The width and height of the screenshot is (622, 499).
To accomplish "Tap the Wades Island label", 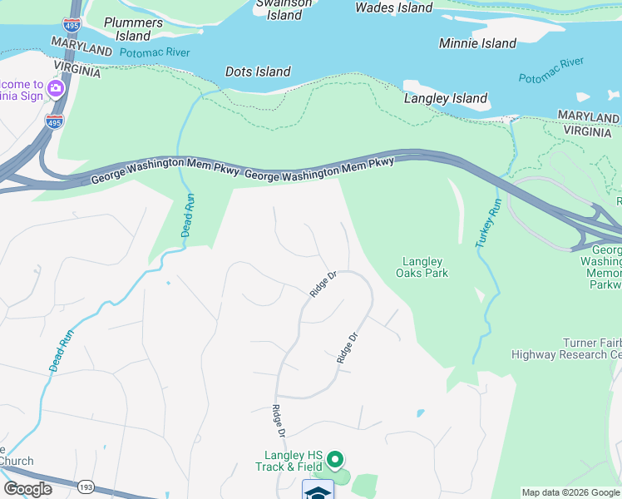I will [x=393, y=7].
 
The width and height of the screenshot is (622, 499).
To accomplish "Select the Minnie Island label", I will [x=477, y=43].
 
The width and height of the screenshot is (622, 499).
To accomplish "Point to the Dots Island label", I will [x=258, y=72].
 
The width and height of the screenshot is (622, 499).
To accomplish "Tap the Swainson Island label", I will [x=284, y=10].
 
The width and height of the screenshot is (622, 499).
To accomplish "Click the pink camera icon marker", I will [x=57, y=88].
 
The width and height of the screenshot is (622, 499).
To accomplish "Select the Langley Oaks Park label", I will [x=425, y=267].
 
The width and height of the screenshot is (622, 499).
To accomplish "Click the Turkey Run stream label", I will [x=486, y=223].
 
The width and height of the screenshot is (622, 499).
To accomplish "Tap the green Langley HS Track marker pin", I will [x=334, y=459].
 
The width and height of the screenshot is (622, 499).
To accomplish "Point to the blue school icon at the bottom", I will [x=317, y=490].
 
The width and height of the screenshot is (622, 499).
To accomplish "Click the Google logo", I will [x=27, y=489].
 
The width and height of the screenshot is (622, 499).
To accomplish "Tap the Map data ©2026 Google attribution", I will [x=570, y=492].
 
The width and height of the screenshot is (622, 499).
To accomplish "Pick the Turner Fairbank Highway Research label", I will [x=565, y=349].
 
